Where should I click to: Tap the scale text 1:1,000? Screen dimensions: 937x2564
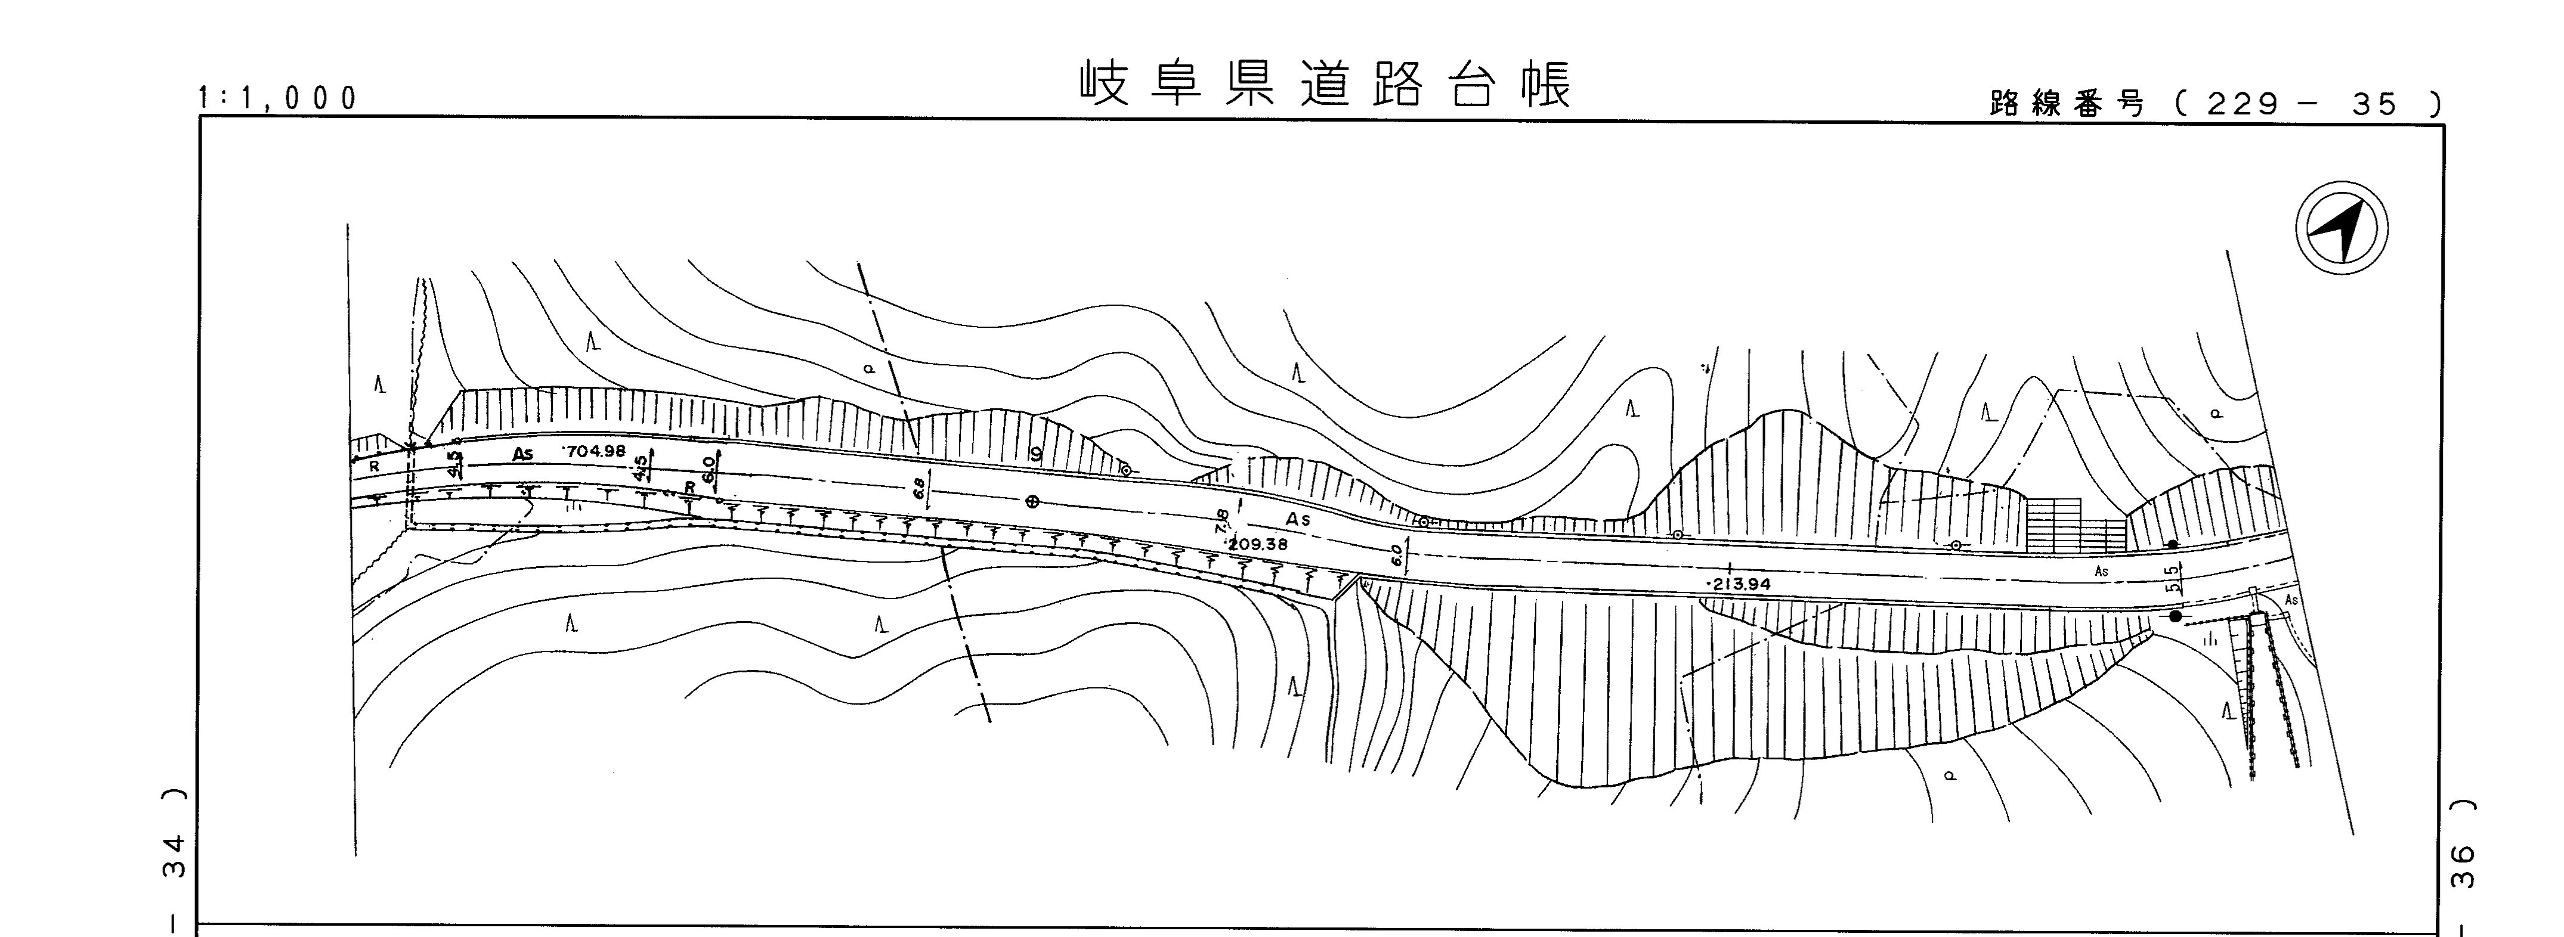click(278, 98)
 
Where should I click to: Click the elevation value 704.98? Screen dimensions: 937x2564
click(595, 451)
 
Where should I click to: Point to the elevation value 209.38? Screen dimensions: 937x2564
click(1257, 544)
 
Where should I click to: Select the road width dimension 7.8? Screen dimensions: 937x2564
click(1221, 522)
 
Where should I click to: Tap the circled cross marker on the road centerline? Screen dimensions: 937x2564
click(1032, 501)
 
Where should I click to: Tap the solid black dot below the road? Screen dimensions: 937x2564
click(2176, 617)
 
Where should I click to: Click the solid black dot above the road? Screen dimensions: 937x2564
click(2173, 544)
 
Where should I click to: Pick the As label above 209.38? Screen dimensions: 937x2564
click(1298, 519)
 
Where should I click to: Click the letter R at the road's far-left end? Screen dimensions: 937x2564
click(374, 466)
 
